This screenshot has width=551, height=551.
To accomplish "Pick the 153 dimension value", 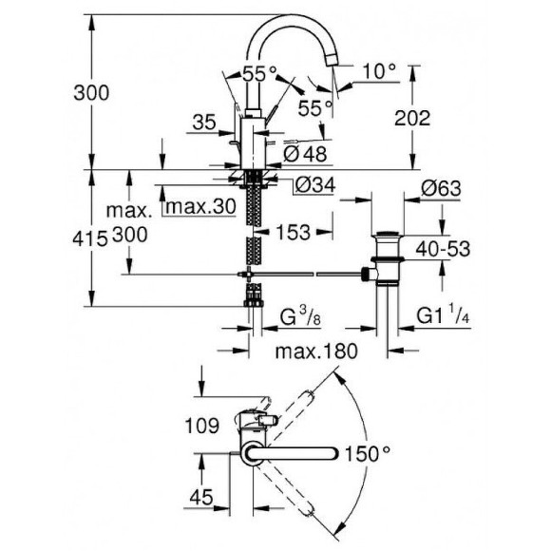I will pos(295,231).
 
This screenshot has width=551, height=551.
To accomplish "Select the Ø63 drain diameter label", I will pos(440,189).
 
